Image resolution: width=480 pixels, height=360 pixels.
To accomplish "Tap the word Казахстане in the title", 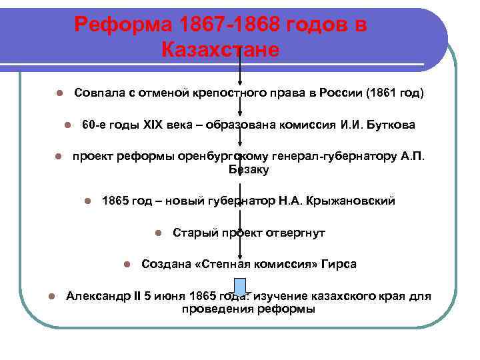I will pos(219,50).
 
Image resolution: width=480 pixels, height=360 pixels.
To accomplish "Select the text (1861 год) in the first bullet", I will pos(395,92).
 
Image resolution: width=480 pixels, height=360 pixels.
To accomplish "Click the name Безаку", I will pos(249,170).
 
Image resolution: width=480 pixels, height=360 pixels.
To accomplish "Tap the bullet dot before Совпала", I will pos(59,93).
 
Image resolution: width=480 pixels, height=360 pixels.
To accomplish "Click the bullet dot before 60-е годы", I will pos(67,125).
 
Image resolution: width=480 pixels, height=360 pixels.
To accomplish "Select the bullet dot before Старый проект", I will pos(157,233).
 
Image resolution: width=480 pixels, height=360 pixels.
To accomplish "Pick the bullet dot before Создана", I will pos(126,265).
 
